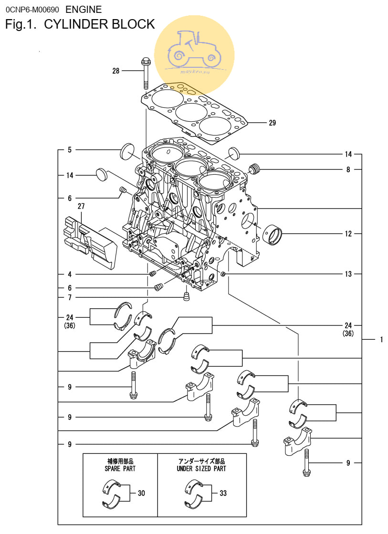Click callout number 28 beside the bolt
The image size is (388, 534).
point(115,71)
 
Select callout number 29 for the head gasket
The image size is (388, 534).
point(272,123)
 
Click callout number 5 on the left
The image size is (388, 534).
point(69,150)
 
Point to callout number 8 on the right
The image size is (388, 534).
point(348,169)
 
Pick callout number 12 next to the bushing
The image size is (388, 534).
point(348,234)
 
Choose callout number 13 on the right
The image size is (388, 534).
point(348,274)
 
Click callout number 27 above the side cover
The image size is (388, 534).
point(81,207)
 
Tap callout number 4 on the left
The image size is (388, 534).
point(69,274)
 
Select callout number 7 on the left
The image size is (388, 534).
point(69,297)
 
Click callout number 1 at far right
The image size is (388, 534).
point(381,340)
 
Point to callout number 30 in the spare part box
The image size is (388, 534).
point(141,493)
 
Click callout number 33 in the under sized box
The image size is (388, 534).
point(223,493)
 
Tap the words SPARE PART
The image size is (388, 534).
point(120,469)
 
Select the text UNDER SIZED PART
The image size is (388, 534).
point(201,469)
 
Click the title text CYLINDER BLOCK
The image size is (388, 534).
point(99,24)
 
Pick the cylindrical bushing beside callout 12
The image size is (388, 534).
point(273,234)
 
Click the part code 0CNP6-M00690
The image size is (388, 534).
point(32,9)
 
